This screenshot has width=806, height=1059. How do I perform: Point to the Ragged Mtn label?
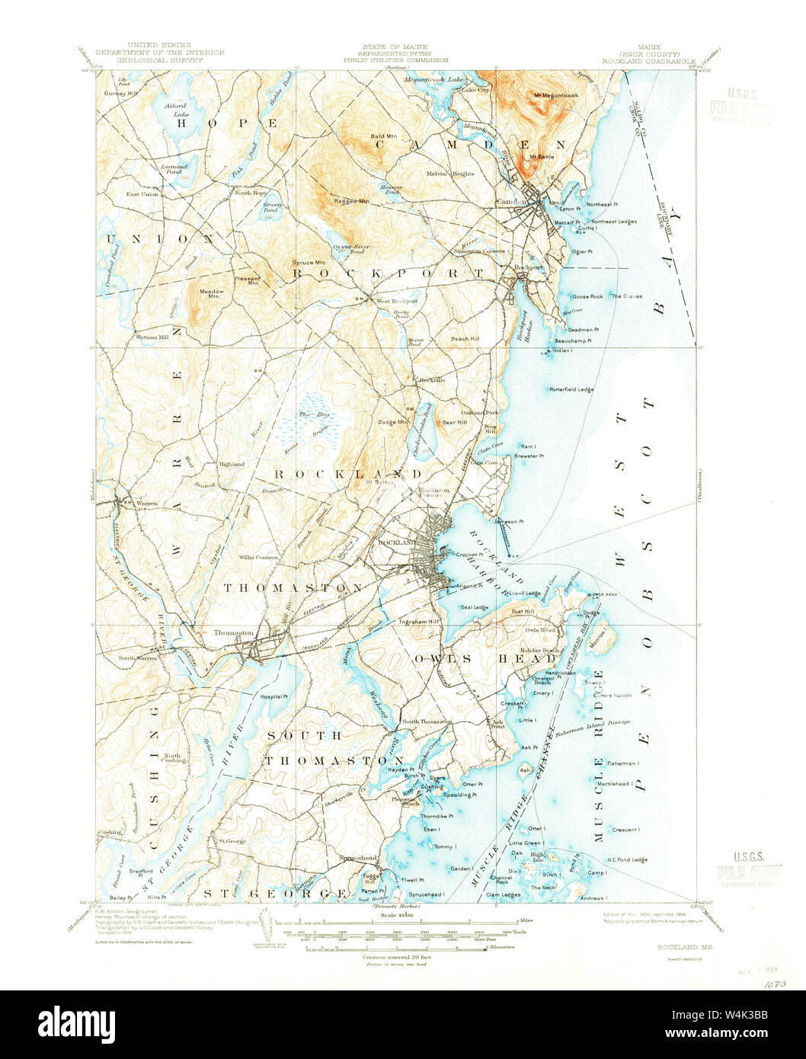tap(350, 201)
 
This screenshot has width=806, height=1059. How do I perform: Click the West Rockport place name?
tap(395, 301)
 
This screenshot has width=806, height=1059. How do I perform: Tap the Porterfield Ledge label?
tap(571, 389)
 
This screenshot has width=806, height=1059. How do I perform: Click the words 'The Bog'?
tap(306, 414)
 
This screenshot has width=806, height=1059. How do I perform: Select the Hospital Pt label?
tap(273, 696)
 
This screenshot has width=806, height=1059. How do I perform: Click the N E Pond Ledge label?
tap(628, 859)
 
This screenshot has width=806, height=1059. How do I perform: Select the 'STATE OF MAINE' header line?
tap(395, 46)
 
